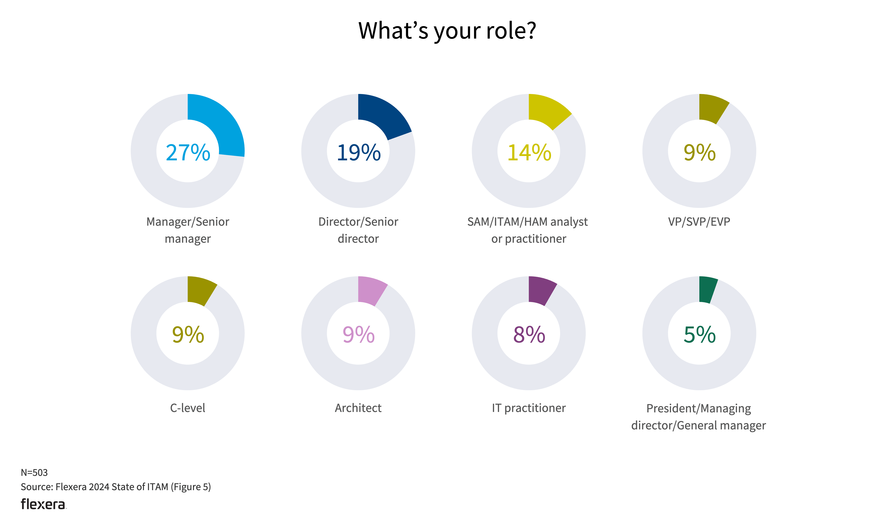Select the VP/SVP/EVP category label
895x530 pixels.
point(699,222)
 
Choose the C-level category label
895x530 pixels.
point(188,408)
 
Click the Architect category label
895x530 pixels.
point(358,408)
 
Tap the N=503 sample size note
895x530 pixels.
point(34,473)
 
